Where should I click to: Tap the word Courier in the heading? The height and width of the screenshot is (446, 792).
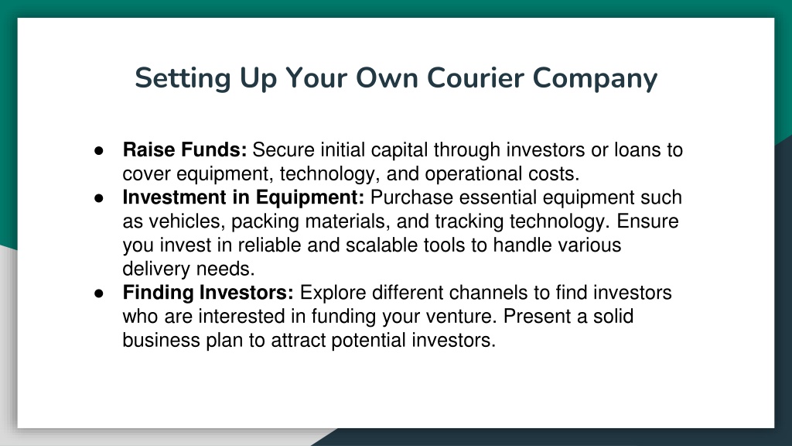[x=476, y=78]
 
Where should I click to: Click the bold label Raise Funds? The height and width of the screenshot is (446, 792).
[x=185, y=149]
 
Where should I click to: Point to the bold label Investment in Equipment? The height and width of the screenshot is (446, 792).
[x=244, y=197]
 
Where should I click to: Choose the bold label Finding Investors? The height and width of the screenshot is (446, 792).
[x=208, y=293]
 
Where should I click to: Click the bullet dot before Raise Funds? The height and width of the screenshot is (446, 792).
[x=99, y=151]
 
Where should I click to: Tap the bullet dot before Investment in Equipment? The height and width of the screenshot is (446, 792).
[x=99, y=198]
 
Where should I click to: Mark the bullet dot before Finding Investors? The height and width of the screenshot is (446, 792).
[x=99, y=293]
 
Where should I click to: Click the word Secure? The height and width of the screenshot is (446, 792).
[x=283, y=149]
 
